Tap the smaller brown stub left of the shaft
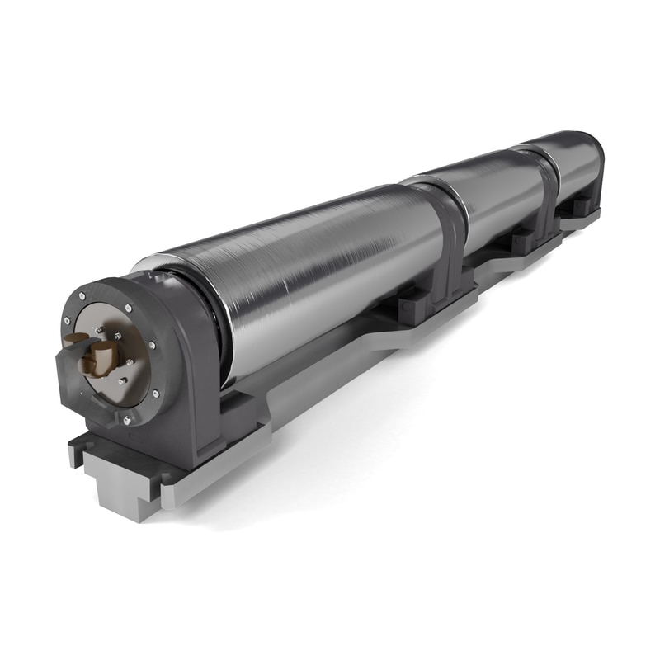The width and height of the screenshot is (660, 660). [73, 341]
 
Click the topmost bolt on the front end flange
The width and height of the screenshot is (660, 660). [129, 308]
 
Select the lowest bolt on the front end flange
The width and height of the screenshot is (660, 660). [126, 420]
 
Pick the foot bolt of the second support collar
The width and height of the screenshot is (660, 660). [521, 242]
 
